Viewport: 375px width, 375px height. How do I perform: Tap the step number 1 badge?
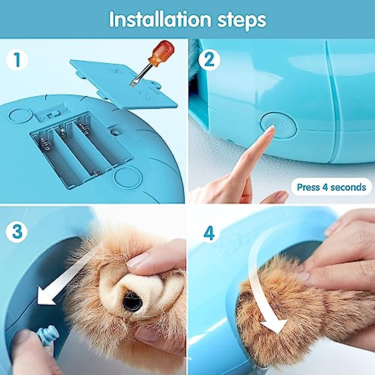pos(17,60)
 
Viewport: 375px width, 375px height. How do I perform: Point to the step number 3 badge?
pos(17,232)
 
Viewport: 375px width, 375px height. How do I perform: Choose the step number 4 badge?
pos(209,232)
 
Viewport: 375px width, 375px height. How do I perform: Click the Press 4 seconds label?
pos(331,187)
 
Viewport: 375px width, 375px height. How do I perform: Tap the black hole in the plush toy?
pos(133,302)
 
